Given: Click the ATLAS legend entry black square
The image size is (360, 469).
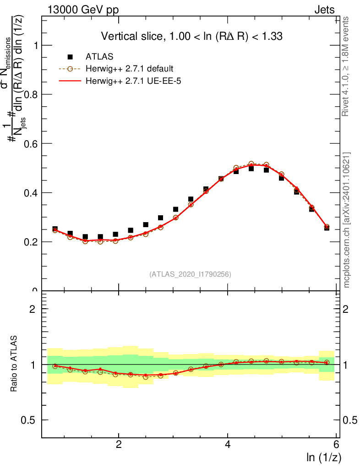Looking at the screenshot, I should (x=70, y=57).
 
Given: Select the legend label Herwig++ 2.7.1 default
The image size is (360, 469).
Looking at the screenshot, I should (x=130, y=69).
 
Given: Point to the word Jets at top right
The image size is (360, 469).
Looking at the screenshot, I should (x=324, y=10).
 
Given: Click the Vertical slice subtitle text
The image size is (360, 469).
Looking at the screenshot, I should (x=195, y=36).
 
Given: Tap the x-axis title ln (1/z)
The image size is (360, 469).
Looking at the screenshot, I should (x=324, y=457).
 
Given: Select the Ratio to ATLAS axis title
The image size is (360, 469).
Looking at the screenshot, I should (x=14, y=364).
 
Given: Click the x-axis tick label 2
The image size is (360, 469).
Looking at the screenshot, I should (x=119, y=445).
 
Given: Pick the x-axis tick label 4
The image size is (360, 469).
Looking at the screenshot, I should (x=228, y=445).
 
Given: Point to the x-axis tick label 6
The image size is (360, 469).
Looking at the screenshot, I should (x=337, y=445).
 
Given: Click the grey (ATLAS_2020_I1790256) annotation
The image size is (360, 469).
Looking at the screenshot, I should (x=190, y=274).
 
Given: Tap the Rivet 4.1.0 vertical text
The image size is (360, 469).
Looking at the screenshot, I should (x=347, y=66).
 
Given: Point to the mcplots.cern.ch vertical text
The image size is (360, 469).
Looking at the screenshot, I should (x=347, y=220).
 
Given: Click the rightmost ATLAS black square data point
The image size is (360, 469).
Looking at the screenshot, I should (x=327, y=227).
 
